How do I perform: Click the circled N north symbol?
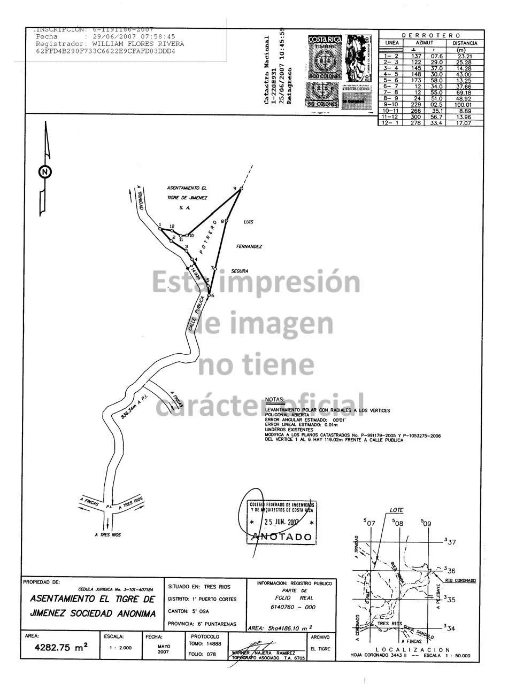coord(45,172)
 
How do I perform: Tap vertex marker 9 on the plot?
coord(241,189)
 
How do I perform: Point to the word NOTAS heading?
coord(275,399)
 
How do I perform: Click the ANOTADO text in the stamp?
coord(282,537)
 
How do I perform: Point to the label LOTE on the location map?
coord(396,510)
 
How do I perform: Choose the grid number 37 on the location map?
coord(451,542)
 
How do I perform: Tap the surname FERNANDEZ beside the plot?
coord(249,246)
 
